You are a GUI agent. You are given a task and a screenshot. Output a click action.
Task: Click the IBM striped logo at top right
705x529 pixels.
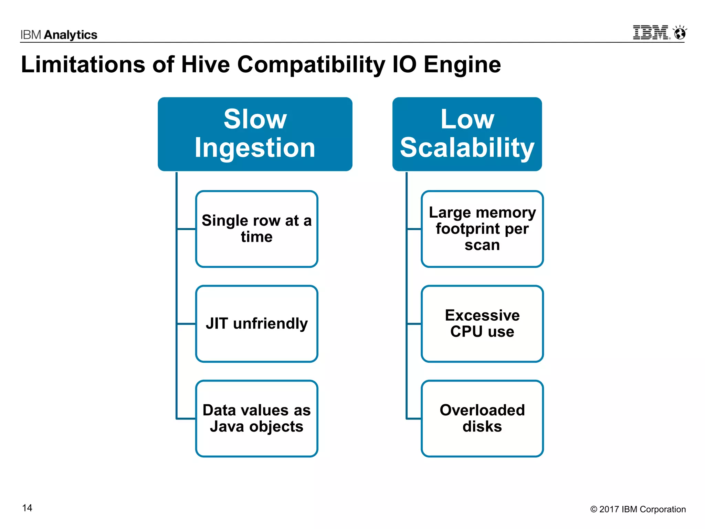point(651,33)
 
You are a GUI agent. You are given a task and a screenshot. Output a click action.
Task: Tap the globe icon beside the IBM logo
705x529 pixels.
point(680,33)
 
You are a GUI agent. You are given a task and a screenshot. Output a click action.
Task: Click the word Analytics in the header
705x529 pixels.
point(71,35)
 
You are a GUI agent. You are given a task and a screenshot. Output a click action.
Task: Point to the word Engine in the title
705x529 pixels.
point(462,64)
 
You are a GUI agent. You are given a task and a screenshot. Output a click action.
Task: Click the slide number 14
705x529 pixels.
point(27,508)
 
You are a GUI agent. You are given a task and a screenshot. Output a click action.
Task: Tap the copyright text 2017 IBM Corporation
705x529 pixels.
point(638,509)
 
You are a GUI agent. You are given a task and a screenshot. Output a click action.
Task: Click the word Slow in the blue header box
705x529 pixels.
point(255,119)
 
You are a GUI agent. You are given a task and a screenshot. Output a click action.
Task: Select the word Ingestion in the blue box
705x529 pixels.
point(255,148)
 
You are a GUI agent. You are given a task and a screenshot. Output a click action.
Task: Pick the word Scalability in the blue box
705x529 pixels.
point(467,148)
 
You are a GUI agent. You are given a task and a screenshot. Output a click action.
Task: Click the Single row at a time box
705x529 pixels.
point(256,229)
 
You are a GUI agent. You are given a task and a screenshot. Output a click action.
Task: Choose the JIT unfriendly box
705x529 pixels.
point(256,324)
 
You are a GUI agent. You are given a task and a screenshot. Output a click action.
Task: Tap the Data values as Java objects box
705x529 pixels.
point(256,418)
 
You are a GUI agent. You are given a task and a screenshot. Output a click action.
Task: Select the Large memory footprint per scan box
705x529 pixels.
point(482,229)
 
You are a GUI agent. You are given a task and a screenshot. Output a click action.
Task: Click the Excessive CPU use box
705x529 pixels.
point(482,324)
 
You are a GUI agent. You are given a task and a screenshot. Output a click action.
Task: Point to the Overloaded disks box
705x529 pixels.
point(482,418)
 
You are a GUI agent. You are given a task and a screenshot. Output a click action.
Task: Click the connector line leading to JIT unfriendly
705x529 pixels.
point(186,324)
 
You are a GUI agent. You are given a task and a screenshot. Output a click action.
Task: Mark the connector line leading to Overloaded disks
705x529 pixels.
point(414,418)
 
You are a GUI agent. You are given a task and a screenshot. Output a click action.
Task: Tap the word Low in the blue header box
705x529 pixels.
point(467,119)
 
